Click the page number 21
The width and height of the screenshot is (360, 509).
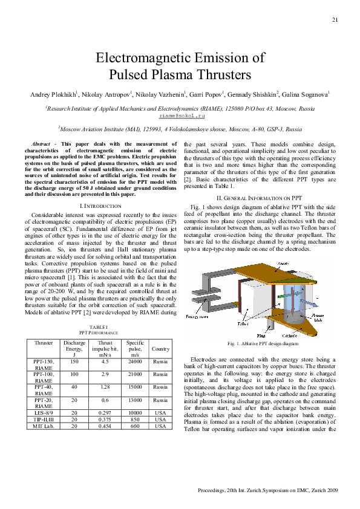tap(335, 21)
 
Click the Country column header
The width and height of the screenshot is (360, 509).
tap(160, 349)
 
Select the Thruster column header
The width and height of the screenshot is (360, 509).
tap(44, 343)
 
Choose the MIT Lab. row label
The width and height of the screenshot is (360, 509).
tap(44, 426)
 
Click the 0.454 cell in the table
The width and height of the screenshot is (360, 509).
tap(105, 426)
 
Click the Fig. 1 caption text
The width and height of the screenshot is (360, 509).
tap(263, 343)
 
